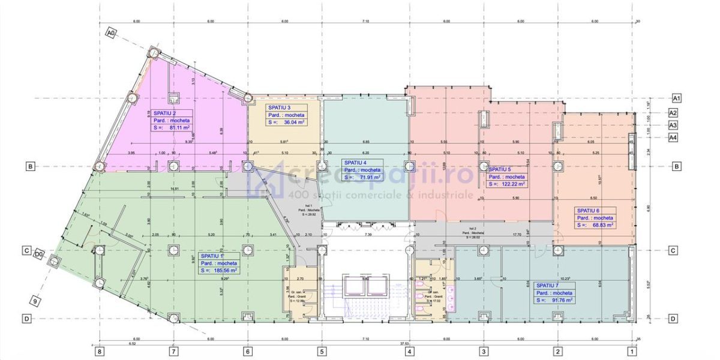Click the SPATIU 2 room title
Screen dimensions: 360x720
165,113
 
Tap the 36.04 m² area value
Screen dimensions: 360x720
290,122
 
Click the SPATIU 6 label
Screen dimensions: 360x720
589,211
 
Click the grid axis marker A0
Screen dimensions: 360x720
110,34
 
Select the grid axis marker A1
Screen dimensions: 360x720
676,97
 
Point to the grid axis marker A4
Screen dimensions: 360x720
673,137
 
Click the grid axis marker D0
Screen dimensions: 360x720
38,254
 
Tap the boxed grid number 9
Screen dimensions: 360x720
36,302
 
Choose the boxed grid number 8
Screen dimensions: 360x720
100,351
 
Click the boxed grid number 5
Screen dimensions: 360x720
322,351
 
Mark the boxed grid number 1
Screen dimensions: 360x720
632,351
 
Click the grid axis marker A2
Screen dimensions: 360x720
673,113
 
